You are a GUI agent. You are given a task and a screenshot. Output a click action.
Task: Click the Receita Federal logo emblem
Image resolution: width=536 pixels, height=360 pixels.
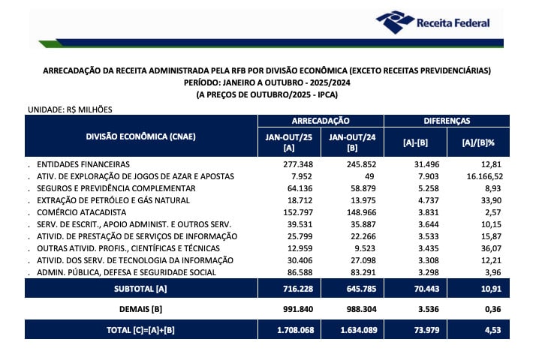point(393,22)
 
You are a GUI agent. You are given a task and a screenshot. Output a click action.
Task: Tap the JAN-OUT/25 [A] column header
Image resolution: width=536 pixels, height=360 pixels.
point(288,141)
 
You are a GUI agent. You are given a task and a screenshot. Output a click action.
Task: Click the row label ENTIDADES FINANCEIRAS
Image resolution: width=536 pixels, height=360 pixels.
point(83,163)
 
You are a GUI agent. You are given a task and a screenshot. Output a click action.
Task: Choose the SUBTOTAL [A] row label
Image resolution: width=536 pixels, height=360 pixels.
point(140,288)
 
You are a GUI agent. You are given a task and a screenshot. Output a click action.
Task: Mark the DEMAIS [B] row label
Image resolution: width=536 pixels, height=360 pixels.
point(140,308)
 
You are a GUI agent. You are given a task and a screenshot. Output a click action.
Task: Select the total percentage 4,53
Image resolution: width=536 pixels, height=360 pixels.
point(492,328)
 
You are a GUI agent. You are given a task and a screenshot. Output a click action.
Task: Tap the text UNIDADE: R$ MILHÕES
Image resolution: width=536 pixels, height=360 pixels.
point(69,109)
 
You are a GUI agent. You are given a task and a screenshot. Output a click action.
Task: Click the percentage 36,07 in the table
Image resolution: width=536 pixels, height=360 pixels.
point(492,248)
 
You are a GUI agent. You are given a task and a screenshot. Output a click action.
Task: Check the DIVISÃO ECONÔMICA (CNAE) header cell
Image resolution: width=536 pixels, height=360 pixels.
point(140,136)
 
